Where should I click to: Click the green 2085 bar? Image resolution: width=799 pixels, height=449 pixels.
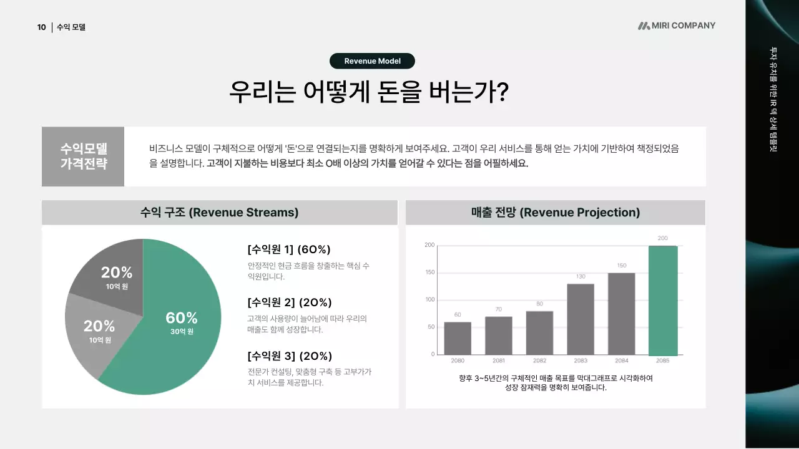pyautogui.click(x=663, y=300)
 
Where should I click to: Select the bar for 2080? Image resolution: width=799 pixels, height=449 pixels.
pyautogui.click(x=458, y=338)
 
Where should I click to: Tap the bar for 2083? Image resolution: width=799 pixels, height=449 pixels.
pyautogui.click(x=581, y=319)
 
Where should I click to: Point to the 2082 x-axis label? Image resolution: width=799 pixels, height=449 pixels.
pyautogui.click(x=539, y=361)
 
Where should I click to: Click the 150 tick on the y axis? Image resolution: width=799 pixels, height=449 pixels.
pyautogui.click(x=429, y=273)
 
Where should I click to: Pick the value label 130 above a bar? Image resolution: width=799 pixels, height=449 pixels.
pyautogui.click(x=581, y=276)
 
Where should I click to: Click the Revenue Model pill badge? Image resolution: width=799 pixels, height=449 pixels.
pyautogui.click(x=372, y=61)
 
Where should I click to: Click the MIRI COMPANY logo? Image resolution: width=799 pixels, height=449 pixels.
pyautogui.click(x=677, y=26)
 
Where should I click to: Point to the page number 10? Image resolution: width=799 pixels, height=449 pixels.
pyautogui.click(x=41, y=27)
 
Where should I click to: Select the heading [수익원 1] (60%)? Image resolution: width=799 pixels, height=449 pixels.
pyautogui.click(x=289, y=249)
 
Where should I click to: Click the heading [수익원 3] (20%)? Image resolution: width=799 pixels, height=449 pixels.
pyautogui.click(x=290, y=356)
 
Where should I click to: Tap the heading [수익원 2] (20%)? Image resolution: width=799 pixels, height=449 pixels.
pyautogui.click(x=290, y=302)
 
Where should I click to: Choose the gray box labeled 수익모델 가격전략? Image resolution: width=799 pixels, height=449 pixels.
pyautogui.click(x=83, y=157)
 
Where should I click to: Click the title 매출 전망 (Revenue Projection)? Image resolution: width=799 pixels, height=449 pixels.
pyautogui.click(x=555, y=213)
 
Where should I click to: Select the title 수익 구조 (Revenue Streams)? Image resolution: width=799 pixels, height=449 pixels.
pyautogui.click(x=219, y=213)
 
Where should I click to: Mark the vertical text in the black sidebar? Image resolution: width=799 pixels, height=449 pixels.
pyautogui.click(x=773, y=100)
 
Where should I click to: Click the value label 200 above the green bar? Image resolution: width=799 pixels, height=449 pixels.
pyautogui.click(x=662, y=238)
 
